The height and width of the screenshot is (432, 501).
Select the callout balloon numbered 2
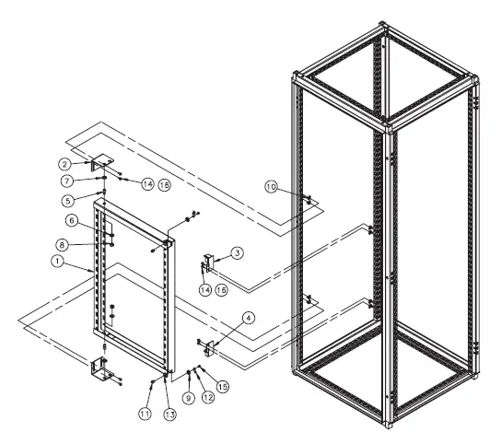coord(80,163)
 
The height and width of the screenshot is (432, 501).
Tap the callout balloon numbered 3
coord(237,251)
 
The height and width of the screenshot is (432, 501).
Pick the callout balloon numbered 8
coord(64,245)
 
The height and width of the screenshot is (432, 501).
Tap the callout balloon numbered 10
coord(270,187)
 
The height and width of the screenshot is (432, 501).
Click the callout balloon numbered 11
coord(146,414)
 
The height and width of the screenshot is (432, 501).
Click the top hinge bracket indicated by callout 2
coord(100,162)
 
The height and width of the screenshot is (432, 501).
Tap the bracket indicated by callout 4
coord(211,348)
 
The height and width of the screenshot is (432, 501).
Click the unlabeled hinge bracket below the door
coord(99,372)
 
